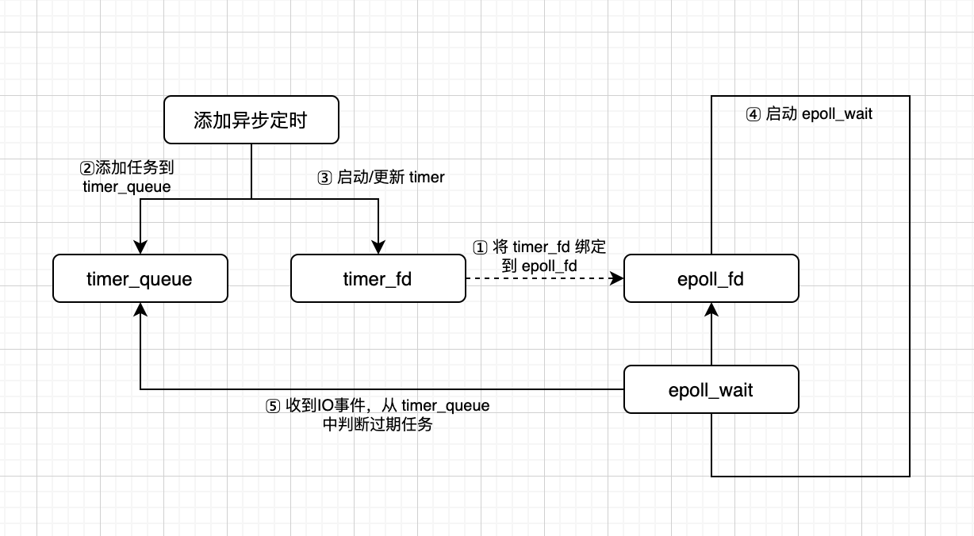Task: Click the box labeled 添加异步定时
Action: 251,121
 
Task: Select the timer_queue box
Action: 140,279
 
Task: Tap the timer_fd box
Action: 378,279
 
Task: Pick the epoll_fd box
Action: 711,279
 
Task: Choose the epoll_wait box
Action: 711,389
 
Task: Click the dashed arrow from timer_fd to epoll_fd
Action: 539,279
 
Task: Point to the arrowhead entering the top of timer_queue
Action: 140,248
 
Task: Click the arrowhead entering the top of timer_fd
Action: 378,248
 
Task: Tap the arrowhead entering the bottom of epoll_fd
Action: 711,310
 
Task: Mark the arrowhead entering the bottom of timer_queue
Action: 140,310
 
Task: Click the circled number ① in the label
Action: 480,247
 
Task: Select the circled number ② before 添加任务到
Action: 86,168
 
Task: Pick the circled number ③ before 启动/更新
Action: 324,178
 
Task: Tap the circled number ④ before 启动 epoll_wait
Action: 753,114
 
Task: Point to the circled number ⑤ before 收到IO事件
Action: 272,406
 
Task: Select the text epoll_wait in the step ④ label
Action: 837,114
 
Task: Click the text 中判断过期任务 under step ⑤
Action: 378,424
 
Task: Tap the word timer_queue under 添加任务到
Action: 126,186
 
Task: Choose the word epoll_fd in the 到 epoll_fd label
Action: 549,266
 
